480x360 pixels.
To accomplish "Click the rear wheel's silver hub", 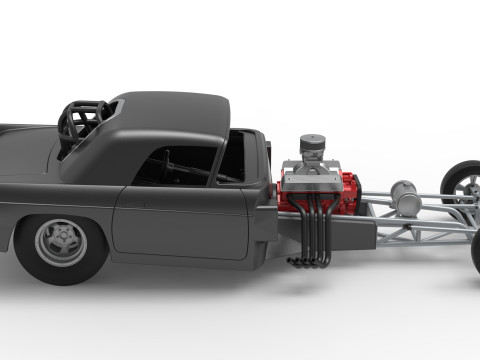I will pos(60,242).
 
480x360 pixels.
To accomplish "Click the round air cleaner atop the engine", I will pos(314,146).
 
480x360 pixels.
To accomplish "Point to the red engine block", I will pos(345,192).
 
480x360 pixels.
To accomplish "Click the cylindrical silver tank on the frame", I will pos(405,197).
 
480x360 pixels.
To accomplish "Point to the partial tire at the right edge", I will pos(475,250).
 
